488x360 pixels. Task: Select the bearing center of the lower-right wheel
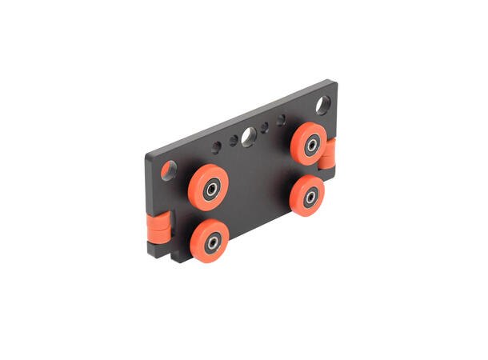[308, 197]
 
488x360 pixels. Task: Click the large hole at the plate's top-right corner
[323, 105]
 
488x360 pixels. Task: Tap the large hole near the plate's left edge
[169, 170]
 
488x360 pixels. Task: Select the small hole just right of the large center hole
[265, 128]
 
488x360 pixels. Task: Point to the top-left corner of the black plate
[146, 154]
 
